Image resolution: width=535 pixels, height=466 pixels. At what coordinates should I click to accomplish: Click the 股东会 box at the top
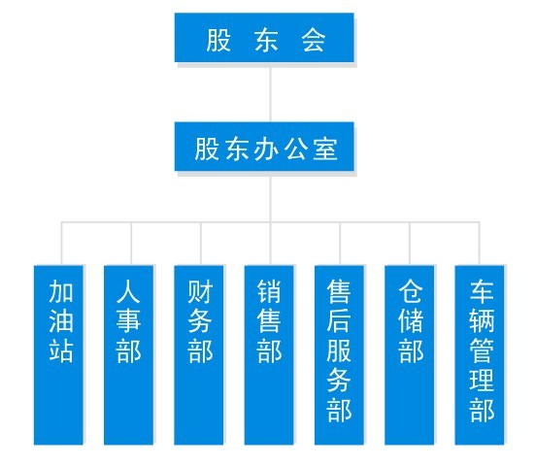click(264, 38)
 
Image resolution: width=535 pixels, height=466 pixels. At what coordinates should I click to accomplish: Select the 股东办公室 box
click(264, 147)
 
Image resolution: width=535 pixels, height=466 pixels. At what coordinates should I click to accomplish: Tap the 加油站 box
click(58, 354)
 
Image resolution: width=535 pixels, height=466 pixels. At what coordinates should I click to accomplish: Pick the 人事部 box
click(128, 354)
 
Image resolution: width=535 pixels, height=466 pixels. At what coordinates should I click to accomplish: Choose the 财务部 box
click(199, 354)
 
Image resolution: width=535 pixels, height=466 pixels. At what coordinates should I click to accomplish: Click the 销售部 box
click(269, 354)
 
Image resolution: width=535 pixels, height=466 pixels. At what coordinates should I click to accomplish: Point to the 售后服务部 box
click(339, 354)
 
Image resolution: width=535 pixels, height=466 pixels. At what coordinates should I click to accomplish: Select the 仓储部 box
click(409, 354)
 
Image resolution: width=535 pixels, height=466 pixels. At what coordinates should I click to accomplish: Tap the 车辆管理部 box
click(480, 354)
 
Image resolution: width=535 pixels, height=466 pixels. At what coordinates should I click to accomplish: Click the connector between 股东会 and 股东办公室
click(270, 92)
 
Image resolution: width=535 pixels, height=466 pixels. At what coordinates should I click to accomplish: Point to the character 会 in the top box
click(313, 40)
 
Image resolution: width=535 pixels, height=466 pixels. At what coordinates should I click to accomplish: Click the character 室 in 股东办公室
click(325, 149)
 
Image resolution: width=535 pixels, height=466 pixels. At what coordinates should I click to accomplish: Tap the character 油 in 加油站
click(61, 320)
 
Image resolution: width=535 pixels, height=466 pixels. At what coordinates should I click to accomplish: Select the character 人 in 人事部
click(128, 291)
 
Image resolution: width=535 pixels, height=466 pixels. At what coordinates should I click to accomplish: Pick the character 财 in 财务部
click(200, 291)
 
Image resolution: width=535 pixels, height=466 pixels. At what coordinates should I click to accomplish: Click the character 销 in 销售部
click(269, 291)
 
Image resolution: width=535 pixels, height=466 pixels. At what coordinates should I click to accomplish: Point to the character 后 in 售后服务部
click(339, 320)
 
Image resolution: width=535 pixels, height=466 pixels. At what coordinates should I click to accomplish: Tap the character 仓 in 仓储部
click(411, 291)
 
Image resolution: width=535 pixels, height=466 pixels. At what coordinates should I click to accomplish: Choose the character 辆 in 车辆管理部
click(482, 320)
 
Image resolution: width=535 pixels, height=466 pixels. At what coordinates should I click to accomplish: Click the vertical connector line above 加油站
click(62, 244)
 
